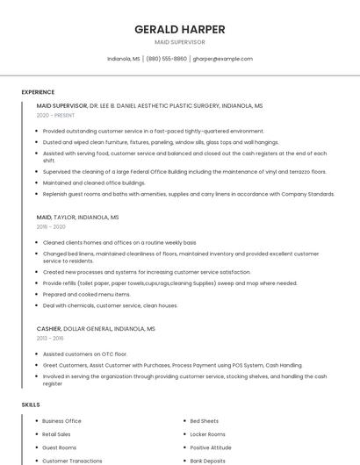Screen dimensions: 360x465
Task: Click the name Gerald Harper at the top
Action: pyautogui.click(x=179, y=29)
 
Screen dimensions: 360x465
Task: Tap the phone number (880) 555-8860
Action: pyautogui.click(x=166, y=59)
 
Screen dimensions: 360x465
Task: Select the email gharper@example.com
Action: pyautogui.click(x=222, y=59)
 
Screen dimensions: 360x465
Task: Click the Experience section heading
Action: pyautogui.click(x=38, y=92)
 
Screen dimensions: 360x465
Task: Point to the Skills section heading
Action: pyautogui.click(x=31, y=404)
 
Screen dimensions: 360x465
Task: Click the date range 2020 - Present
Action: pyautogui.click(x=55, y=115)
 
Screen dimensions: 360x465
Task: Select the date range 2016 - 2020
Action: pyautogui.click(x=51, y=226)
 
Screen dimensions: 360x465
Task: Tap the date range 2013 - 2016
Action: pyautogui.click(x=50, y=338)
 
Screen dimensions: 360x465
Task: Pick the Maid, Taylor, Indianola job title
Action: pyautogui.click(x=77, y=217)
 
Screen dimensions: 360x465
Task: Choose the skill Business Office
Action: pyautogui.click(x=61, y=421)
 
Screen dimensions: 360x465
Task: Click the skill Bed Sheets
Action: pyautogui.click(x=204, y=421)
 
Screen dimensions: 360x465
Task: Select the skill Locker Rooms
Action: pyautogui.click(x=207, y=434)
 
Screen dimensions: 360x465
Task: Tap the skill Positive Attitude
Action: pyautogui.click(x=211, y=447)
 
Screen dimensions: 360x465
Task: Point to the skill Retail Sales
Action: pyautogui.click(x=56, y=434)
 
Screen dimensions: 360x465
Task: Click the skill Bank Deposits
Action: pyautogui.click(x=208, y=461)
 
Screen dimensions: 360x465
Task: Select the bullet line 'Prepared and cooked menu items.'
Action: pyautogui.click(x=86, y=295)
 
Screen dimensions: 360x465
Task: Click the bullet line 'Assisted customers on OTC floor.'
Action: pyautogui.click(x=86, y=354)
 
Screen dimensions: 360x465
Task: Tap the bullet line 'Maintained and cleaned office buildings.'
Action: pyautogui.click(x=94, y=182)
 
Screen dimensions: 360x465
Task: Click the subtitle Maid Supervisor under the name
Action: pyautogui.click(x=179, y=42)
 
